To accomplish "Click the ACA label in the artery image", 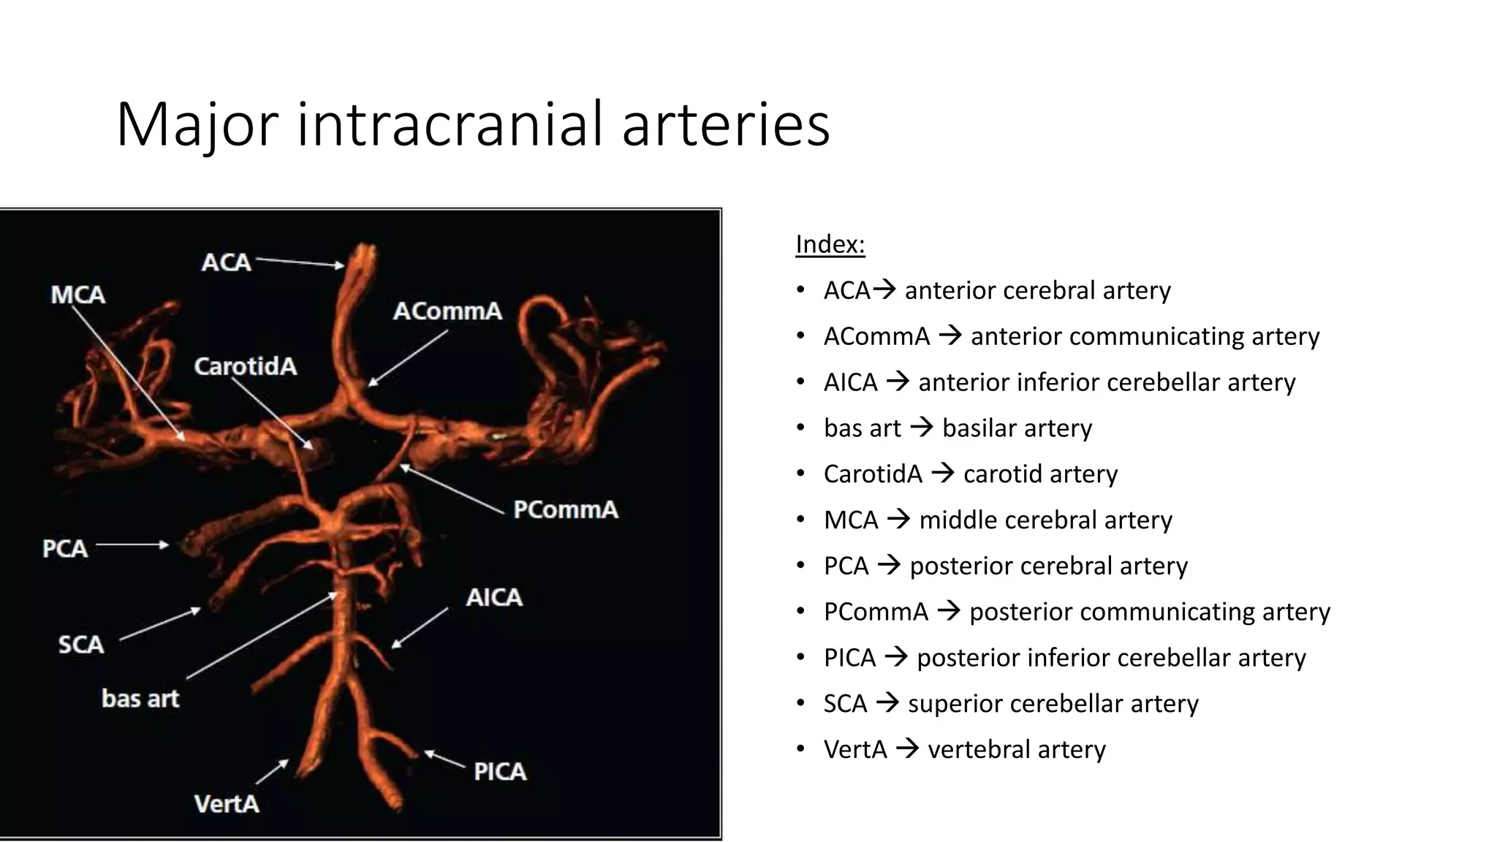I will click(x=226, y=262).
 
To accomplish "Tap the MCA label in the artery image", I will click(x=78, y=295).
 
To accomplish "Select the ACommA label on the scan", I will click(x=447, y=311).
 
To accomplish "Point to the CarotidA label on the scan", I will click(x=246, y=366).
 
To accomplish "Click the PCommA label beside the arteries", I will click(x=565, y=509).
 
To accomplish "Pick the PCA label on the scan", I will click(x=65, y=548).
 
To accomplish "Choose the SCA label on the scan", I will click(x=81, y=645).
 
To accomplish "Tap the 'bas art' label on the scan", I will click(x=140, y=699).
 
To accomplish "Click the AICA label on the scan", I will click(x=494, y=598).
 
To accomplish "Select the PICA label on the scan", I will click(x=500, y=772).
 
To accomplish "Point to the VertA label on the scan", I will click(x=227, y=804).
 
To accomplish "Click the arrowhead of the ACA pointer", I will click(x=340, y=266).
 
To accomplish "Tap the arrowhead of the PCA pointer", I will click(x=165, y=545).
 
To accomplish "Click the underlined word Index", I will click(x=830, y=244).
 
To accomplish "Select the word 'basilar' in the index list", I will click(x=981, y=428).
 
